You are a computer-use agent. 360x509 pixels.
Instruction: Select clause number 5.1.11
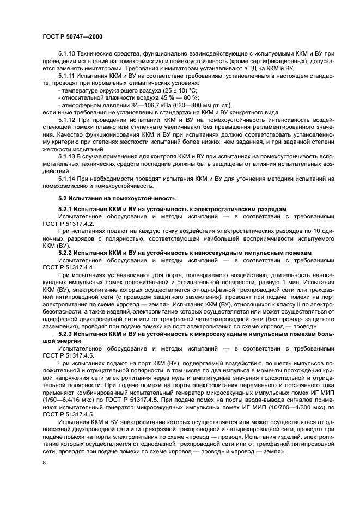pos(68,76)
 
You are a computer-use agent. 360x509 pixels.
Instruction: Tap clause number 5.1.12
pos(68,118)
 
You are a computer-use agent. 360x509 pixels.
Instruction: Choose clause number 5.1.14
pos(68,178)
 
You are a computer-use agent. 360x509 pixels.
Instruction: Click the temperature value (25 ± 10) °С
pos(170,90)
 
